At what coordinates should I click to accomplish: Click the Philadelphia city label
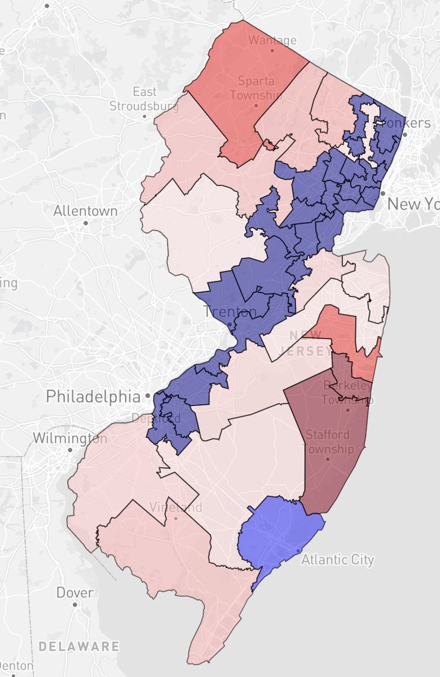click(93, 396)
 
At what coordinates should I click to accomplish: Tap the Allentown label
click(86, 211)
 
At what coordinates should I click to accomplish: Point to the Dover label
click(75, 592)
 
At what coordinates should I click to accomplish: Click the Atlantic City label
click(337, 560)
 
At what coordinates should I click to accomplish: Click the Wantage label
click(272, 40)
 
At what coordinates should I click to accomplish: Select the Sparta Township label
click(256, 88)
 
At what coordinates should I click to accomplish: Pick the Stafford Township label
click(328, 442)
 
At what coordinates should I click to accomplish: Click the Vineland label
click(176, 507)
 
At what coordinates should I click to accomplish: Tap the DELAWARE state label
click(79, 646)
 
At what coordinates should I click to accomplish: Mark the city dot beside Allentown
click(86, 223)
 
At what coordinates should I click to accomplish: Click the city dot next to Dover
click(75, 604)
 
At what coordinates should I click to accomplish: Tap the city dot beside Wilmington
click(69, 450)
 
